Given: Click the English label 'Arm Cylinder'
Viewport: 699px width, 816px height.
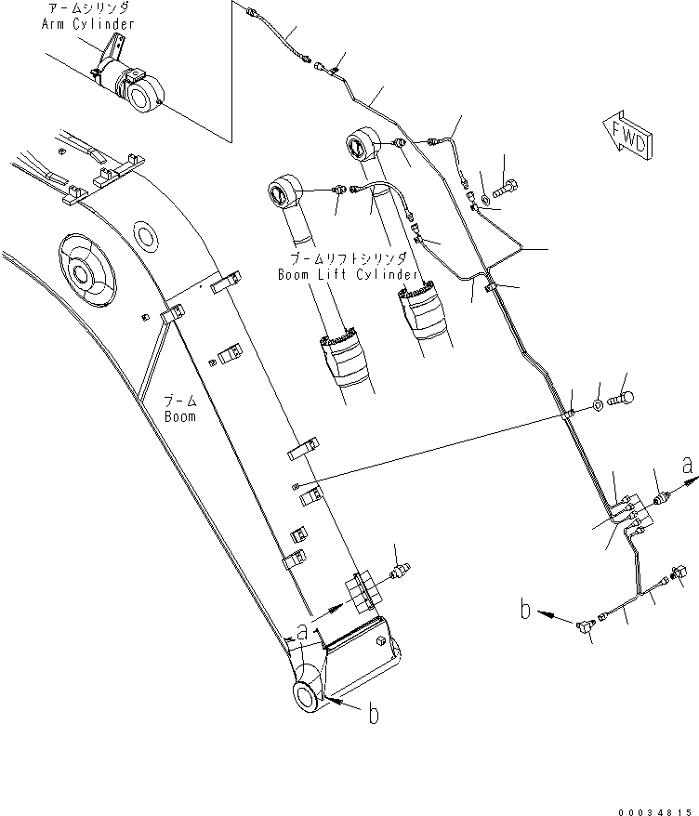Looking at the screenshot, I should (x=87, y=23).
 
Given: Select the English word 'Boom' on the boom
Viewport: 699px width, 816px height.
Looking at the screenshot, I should (x=180, y=417).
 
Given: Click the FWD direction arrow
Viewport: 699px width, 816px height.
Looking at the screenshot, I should (x=626, y=136).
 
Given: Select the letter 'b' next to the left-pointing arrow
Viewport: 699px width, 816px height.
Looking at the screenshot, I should (x=525, y=611).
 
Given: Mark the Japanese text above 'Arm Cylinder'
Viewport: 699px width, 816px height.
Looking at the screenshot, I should (x=87, y=8).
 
